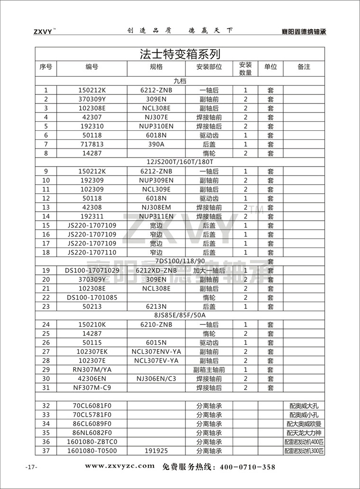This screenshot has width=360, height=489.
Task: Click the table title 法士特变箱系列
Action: [x=180, y=53]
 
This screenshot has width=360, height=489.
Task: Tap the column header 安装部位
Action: [x=209, y=67]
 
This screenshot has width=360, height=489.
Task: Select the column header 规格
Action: [x=156, y=67]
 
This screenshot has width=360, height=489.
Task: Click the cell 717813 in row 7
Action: [x=92, y=144]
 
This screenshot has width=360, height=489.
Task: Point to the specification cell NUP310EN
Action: [x=156, y=126]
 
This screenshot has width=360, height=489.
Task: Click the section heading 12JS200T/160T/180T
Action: [x=180, y=162]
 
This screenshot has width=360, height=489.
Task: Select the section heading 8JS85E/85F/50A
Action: [x=180, y=316]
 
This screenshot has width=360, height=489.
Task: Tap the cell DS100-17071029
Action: [x=92, y=271]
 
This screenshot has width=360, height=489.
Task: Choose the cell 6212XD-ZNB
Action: [x=156, y=271]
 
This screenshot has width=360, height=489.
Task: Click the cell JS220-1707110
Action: [x=92, y=252]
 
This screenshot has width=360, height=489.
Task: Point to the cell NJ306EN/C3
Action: [x=156, y=378]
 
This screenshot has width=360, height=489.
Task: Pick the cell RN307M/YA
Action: [x=92, y=369]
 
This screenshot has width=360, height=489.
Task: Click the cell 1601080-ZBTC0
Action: [x=92, y=442]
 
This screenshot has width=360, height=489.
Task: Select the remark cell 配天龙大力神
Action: [x=303, y=433]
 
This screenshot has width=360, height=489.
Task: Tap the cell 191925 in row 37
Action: [x=156, y=451]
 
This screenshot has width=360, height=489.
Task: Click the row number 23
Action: [x=46, y=307]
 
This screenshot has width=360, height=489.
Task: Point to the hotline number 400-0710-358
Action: [x=247, y=467]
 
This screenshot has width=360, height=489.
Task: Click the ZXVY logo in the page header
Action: [x=44, y=32]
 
